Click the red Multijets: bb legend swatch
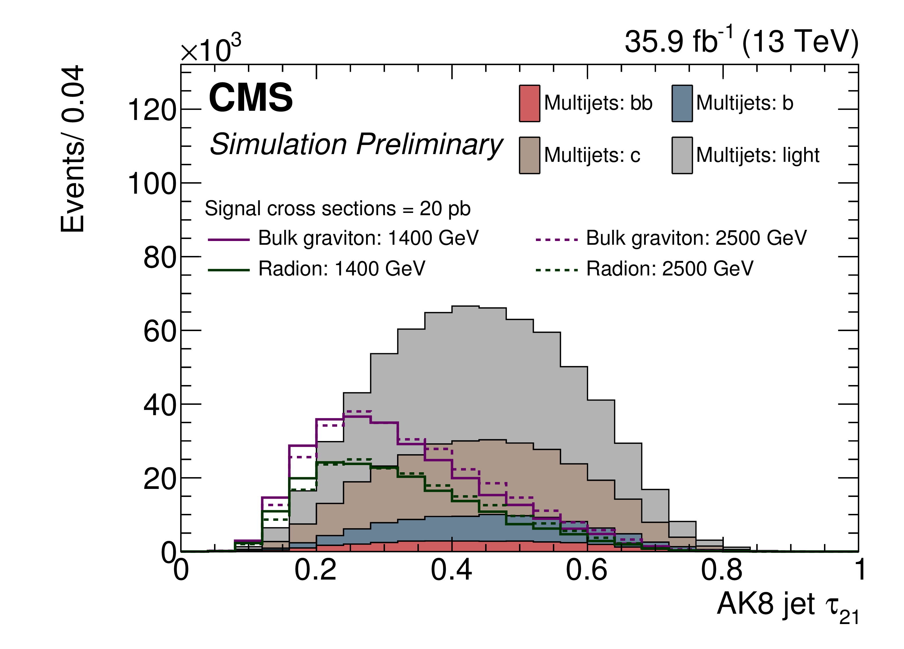[x=529, y=103]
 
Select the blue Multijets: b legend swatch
[x=682, y=103]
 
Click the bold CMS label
[x=251, y=98]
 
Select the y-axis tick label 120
[x=152, y=110]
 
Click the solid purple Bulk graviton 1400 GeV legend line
[x=228, y=240]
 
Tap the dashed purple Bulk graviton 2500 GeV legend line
[x=557, y=240]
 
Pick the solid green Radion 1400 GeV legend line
[x=228, y=270]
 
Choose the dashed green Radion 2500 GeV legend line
[x=557, y=270]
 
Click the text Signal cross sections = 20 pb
[x=338, y=209]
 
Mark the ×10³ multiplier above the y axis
[x=211, y=50]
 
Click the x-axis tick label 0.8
[x=722, y=570]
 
